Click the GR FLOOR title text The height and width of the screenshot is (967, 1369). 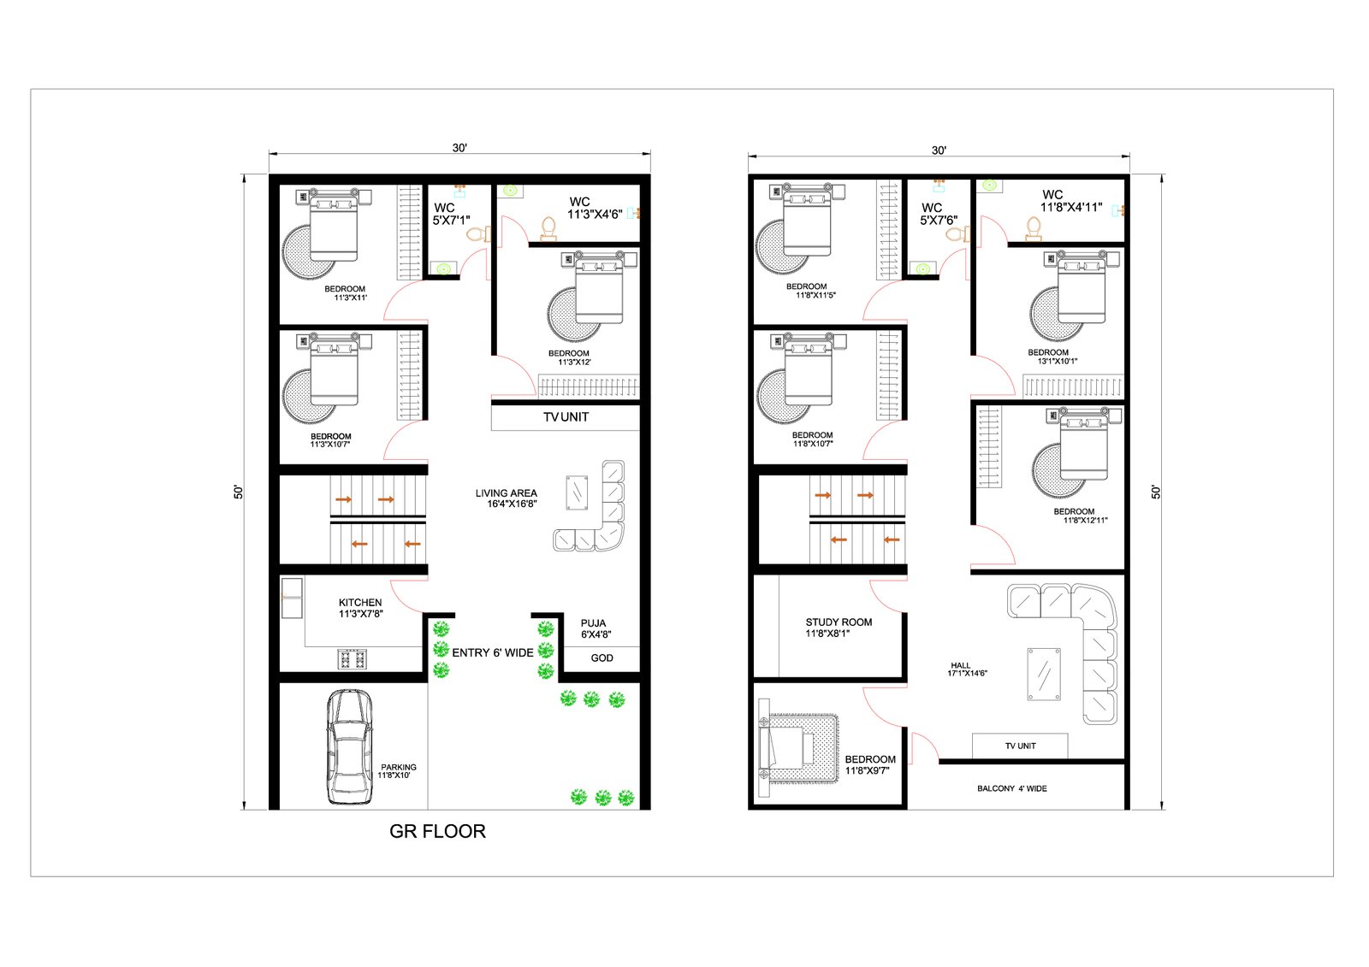(x=437, y=831)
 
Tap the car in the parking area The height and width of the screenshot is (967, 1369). (x=349, y=746)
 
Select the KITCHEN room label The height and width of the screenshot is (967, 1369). (x=360, y=602)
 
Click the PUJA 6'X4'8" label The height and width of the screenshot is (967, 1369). (x=596, y=628)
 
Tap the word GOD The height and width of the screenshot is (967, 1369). (x=602, y=657)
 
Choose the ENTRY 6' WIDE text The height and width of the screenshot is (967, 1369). (x=493, y=652)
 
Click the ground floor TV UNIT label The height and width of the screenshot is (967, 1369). (x=566, y=416)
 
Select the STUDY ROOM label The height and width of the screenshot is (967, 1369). (x=839, y=622)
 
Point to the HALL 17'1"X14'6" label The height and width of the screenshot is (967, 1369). (x=967, y=669)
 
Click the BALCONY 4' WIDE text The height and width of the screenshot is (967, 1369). (x=1012, y=788)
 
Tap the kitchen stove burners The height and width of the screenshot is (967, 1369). (x=352, y=660)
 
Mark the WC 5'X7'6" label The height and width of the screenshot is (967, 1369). (x=938, y=214)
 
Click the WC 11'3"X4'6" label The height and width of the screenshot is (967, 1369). (x=595, y=208)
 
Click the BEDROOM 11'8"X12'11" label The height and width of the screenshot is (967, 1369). (x=1080, y=516)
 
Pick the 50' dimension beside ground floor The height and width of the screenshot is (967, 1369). (x=239, y=492)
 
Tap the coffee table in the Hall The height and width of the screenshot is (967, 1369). (x=1044, y=674)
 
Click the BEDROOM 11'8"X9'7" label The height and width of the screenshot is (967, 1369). (x=869, y=765)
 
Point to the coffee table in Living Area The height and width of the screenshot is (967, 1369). (x=577, y=492)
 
